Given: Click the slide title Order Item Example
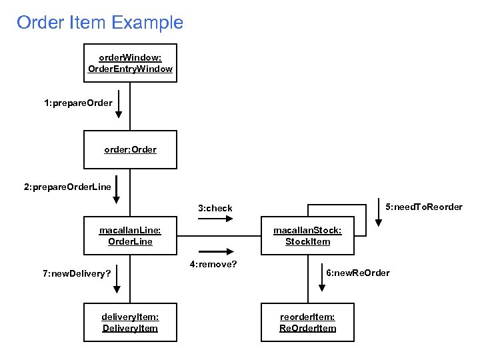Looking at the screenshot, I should tap(100, 23).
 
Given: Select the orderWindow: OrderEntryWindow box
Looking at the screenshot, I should tap(130, 63).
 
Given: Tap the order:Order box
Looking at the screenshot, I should tap(130, 149).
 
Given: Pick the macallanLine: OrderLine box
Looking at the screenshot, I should tap(130, 236).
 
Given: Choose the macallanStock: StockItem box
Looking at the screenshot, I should tap(307, 236).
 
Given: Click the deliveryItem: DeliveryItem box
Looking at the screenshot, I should tap(130, 323).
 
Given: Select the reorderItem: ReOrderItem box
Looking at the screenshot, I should tap(307, 323).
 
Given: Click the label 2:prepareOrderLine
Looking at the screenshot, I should tap(67, 187).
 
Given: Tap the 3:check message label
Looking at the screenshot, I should tap(215, 209).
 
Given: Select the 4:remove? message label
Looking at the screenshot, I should tap(213, 264).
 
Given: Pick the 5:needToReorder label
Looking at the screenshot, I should tap(424, 207).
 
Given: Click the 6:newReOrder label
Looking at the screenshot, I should tap(358, 273).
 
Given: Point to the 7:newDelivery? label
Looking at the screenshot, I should tap(77, 273).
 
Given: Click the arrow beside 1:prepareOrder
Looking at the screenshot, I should tap(119, 104).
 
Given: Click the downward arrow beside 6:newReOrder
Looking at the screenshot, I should tap(322, 279).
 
